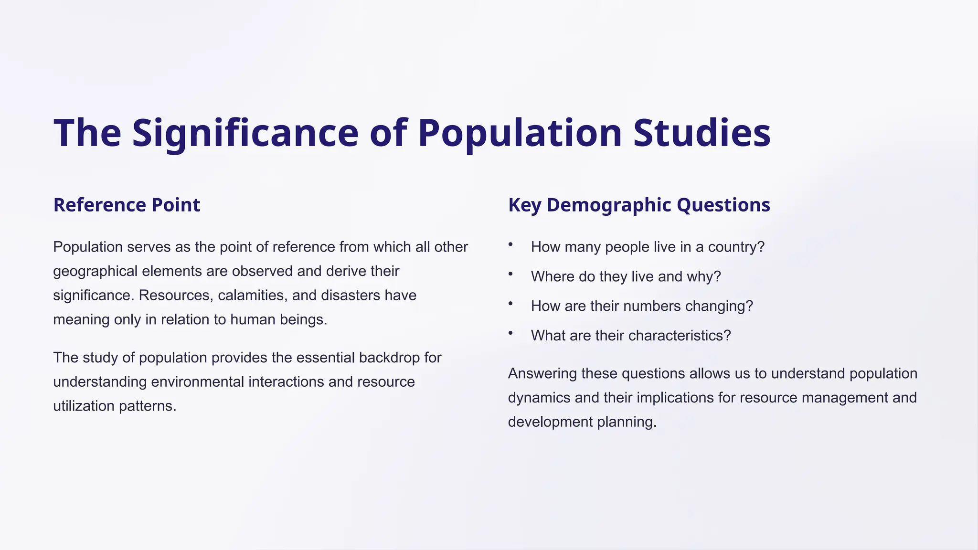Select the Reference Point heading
tap(127, 205)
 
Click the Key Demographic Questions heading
tap(639, 205)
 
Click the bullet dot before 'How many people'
tap(510, 244)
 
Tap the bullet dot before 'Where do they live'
tap(510, 274)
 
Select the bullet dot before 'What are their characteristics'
tap(510, 333)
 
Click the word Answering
tap(542, 373)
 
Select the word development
tap(550, 422)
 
